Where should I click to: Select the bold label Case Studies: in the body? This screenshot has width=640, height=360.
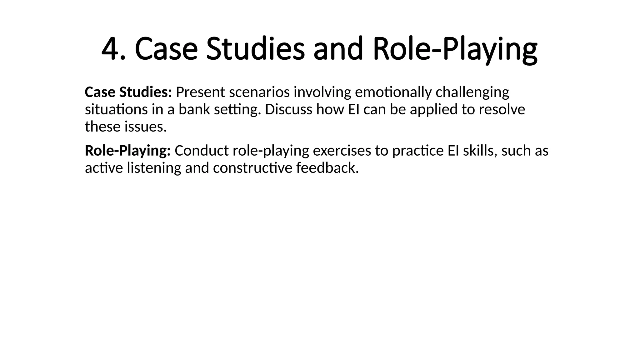tap(128, 92)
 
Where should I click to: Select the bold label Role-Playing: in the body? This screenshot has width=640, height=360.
tap(128, 151)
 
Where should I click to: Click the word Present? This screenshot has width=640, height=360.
tap(200, 92)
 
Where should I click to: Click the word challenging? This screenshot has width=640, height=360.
tap(472, 93)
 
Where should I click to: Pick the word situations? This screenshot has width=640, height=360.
tap(116, 110)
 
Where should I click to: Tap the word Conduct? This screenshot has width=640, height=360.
tap(202, 151)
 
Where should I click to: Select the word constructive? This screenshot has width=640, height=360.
tap(252, 168)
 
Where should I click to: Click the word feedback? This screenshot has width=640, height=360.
tap(327, 168)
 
